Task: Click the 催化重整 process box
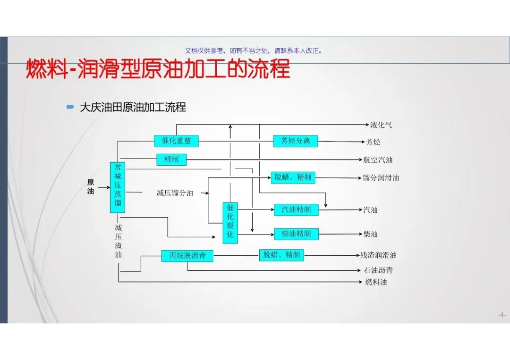coord(176,141)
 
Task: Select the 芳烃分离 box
coord(296,141)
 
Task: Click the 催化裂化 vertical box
coord(230,223)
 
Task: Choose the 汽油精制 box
coord(296,209)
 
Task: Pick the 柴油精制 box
coord(296,234)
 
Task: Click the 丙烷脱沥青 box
coord(187,256)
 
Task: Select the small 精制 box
coord(171,159)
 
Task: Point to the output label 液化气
coord(381,125)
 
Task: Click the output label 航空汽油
coord(378,160)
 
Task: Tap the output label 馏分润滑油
coord(381,178)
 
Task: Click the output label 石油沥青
coord(378,270)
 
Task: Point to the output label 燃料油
coord(376,282)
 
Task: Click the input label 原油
coord(91,186)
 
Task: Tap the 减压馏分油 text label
coord(175,193)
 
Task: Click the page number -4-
coord(501,315)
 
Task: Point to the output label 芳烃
coord(373,142)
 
